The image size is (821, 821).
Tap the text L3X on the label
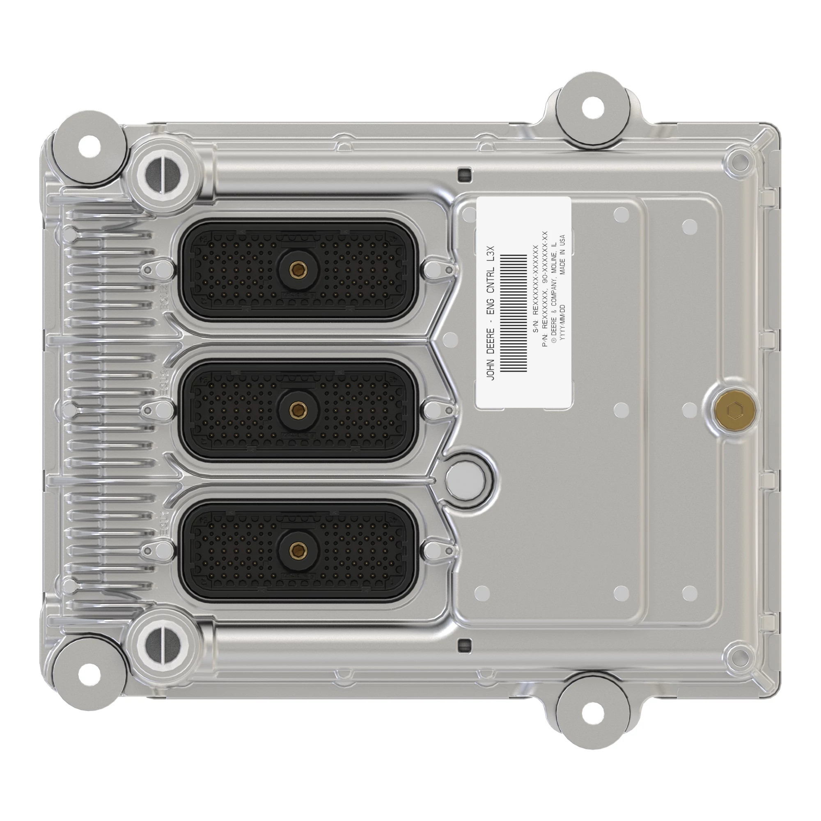(x=491, y=252)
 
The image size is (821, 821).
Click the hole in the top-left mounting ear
(x=89, y=147)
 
